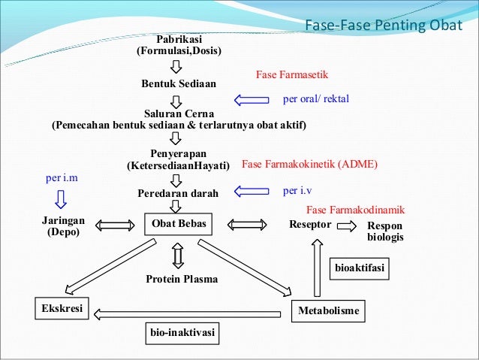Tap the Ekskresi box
[61, 309]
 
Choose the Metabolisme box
[329, 310]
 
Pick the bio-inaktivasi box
[181, 331]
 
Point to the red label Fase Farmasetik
[292, 76]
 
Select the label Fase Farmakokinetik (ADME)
[309, 164]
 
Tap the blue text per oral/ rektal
[315, 98]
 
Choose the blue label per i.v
[298, 191]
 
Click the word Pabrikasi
[179, 38]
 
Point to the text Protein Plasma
[182, 279]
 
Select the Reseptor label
[310, 225]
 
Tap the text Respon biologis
[385, 231]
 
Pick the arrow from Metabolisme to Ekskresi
[191, 309]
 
